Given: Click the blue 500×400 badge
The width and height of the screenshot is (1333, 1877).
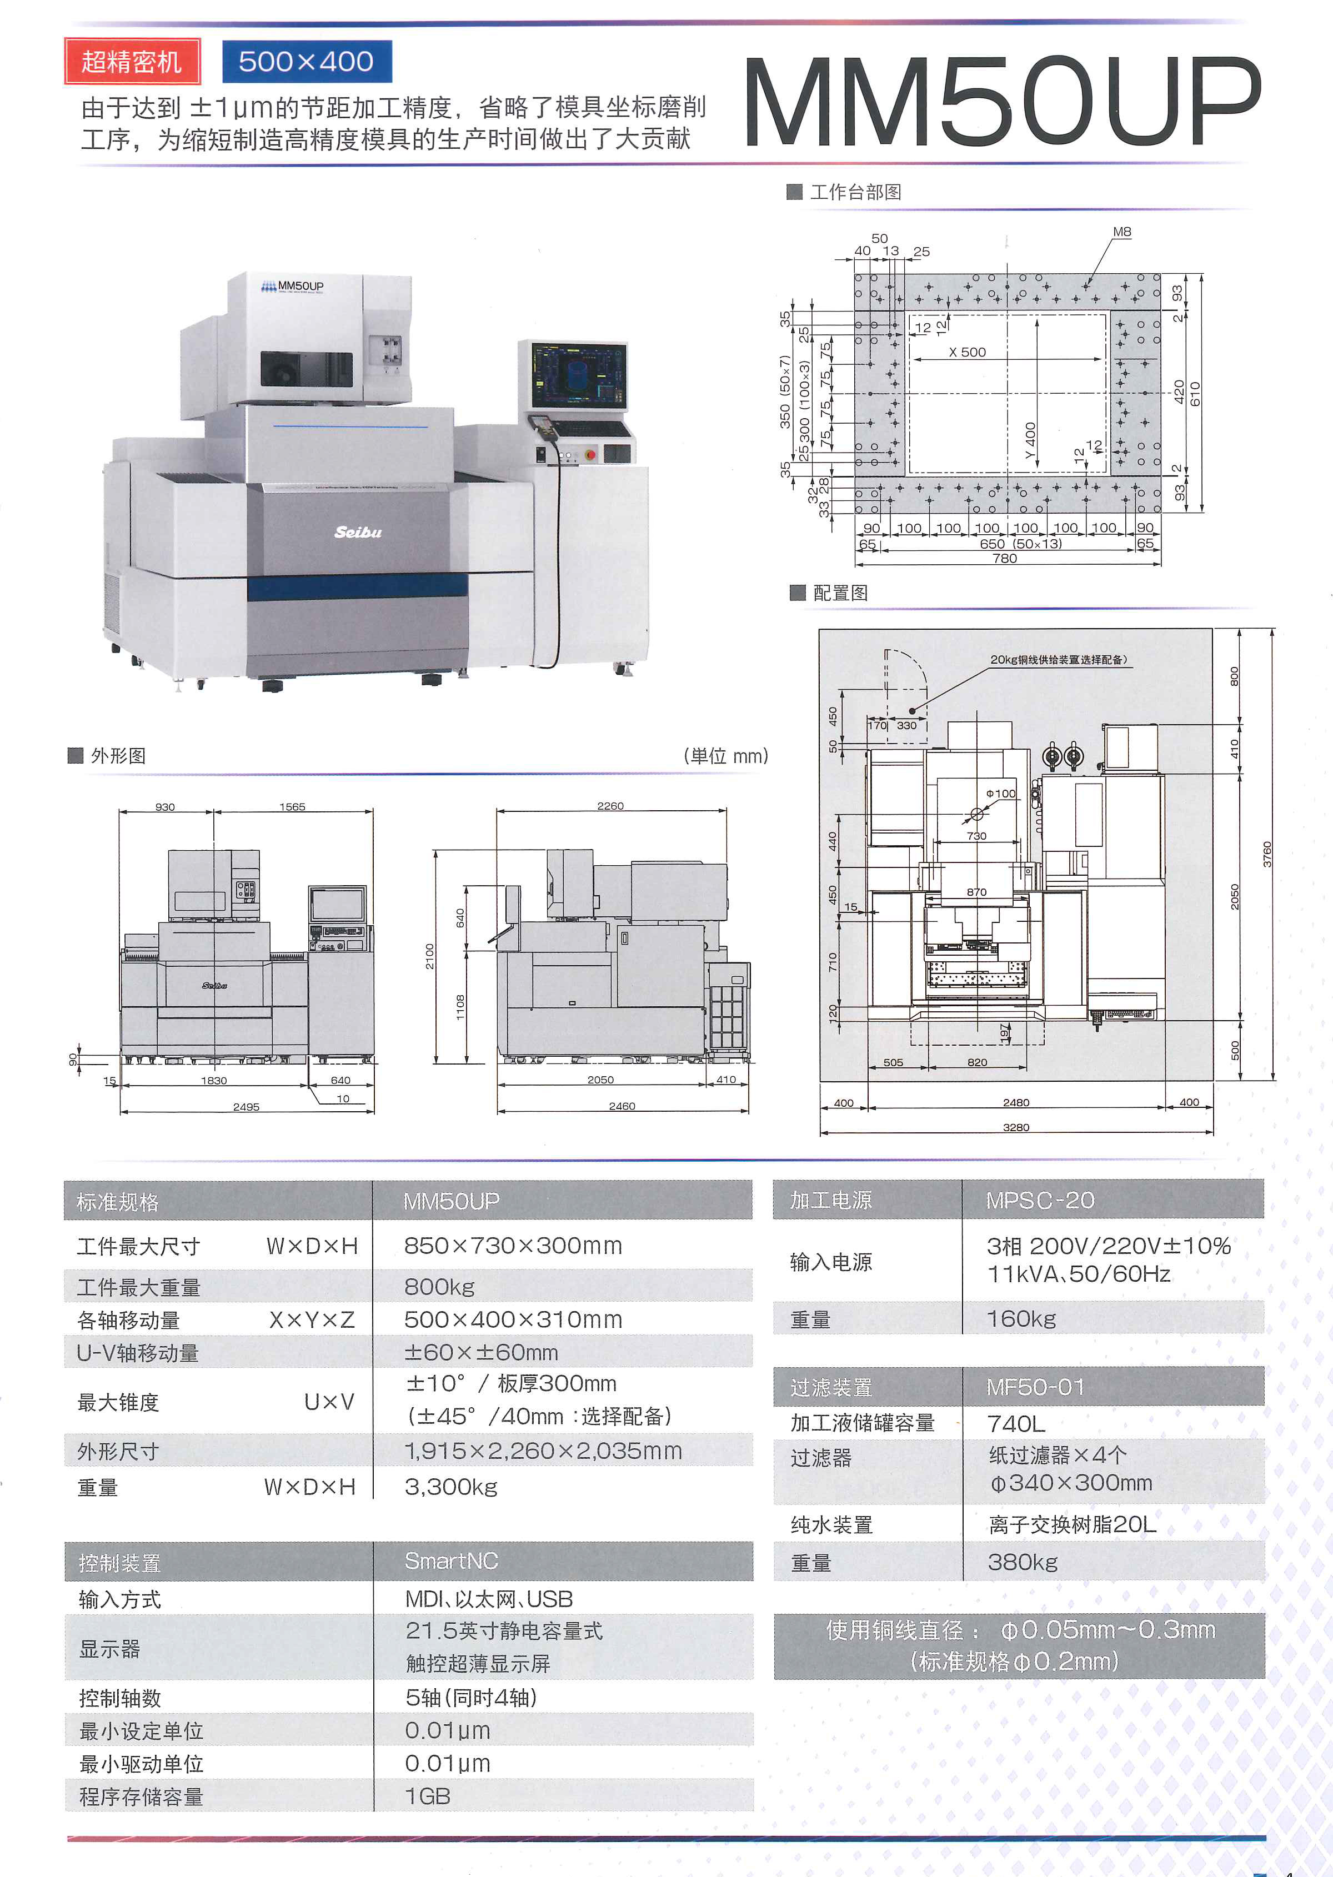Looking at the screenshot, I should click(306, 62).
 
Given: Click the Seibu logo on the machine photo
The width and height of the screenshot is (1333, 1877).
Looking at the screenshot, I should click(358, 532).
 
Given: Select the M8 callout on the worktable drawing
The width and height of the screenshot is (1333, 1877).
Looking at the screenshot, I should click(1121, 232).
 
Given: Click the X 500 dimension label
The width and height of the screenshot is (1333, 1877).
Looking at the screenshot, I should click(967, 352).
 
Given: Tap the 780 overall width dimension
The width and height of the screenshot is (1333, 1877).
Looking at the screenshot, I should click(1005, 558).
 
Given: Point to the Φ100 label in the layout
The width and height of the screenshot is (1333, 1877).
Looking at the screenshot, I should click(1000, 794).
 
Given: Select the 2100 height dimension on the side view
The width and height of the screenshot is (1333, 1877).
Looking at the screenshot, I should click(430, 956).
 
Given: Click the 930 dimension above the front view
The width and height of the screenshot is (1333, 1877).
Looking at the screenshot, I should click(165, 807).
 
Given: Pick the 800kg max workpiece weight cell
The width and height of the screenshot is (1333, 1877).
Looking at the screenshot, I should click(439, 1286).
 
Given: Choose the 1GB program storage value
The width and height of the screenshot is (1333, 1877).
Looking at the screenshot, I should click(428, 1796).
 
